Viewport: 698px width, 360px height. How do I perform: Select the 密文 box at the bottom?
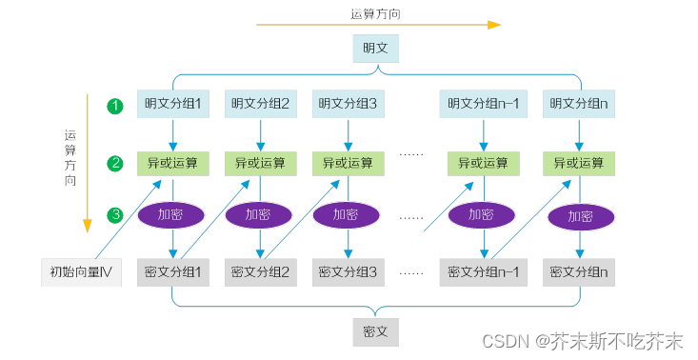tap(375, 331)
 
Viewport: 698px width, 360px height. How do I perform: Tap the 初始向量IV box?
tap(82, 273)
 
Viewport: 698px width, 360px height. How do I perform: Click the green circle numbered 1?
tap(114, 105)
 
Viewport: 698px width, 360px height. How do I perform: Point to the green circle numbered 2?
tap(114, 163)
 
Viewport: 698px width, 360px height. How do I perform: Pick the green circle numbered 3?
tap(114, 215)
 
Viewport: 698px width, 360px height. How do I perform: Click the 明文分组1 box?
tap(172, 104)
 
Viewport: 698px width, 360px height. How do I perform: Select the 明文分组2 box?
tap(260, 104)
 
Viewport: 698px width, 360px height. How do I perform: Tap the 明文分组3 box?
tap(348, 104)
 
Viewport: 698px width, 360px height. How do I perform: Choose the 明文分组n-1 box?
tap(484, 104)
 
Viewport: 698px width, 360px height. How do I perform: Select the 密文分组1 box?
tap(172, 273)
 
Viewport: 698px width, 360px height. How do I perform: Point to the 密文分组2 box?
tap(260, 273)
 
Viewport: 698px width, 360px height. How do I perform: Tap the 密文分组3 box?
tap(348, 273)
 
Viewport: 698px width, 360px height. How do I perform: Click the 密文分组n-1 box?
tap(484, 273)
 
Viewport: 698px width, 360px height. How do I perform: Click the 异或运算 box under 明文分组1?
tap(172, 163)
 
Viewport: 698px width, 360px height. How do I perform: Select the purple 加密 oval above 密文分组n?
tap(580, 216)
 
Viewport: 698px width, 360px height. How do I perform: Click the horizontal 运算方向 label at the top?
tap(375, 13)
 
